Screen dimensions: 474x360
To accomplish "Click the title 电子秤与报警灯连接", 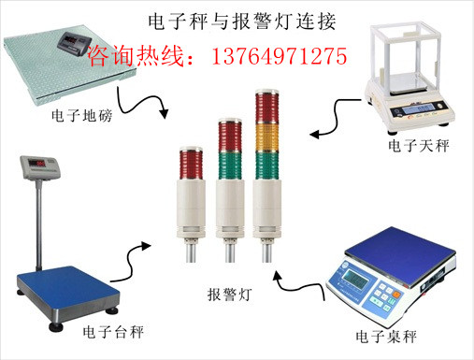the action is point(242,22).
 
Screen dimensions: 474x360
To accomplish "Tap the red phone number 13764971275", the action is point(280,56).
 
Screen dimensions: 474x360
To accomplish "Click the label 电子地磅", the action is point(81,116).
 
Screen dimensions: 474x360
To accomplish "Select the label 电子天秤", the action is point(419,146).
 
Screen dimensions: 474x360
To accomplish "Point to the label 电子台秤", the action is point(113,332).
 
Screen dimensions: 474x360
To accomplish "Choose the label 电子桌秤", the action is point(386,337).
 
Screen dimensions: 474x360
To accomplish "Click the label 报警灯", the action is point(230,295).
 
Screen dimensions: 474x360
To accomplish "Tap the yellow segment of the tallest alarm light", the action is point(267,137).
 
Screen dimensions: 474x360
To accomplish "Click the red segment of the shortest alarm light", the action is point(191,165).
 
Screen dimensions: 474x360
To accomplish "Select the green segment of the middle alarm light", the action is point(230,166).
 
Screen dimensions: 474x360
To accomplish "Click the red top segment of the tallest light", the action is point(267,108).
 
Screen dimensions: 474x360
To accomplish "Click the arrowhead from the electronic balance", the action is point(315,134).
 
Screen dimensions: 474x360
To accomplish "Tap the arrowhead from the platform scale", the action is point(146,246).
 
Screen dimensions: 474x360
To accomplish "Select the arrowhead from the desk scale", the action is point(277,276).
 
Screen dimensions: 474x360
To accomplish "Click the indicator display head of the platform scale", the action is point(40,168).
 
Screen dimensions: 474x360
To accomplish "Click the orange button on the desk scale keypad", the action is point(396,294).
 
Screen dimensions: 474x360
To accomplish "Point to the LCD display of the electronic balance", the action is point(418,109).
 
